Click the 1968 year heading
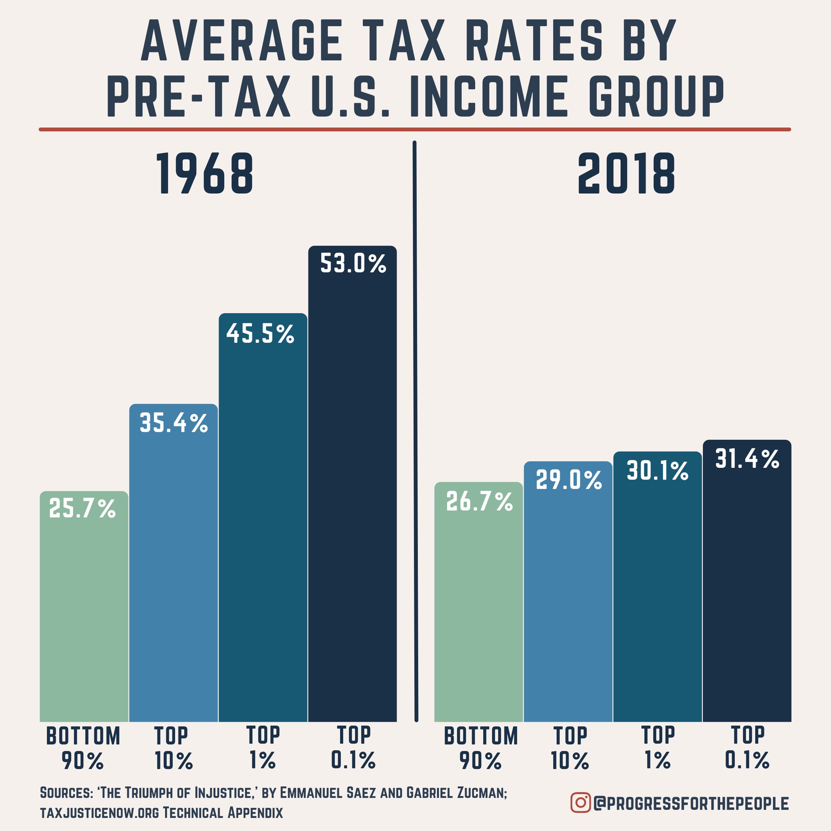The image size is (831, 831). click(205, 174)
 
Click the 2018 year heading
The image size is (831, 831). click(626, 174)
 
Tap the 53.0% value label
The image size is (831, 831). click(353, 264)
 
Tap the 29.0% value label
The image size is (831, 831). click(568, 480)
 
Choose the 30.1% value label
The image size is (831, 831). click(658, 471)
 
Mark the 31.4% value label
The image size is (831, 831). click(747, 459)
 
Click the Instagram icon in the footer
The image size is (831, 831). click(580, 803)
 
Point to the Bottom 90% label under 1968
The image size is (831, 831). click(83, 748)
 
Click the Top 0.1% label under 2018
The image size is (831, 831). click(747, 748)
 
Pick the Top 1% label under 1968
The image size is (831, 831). click(263, 748)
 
